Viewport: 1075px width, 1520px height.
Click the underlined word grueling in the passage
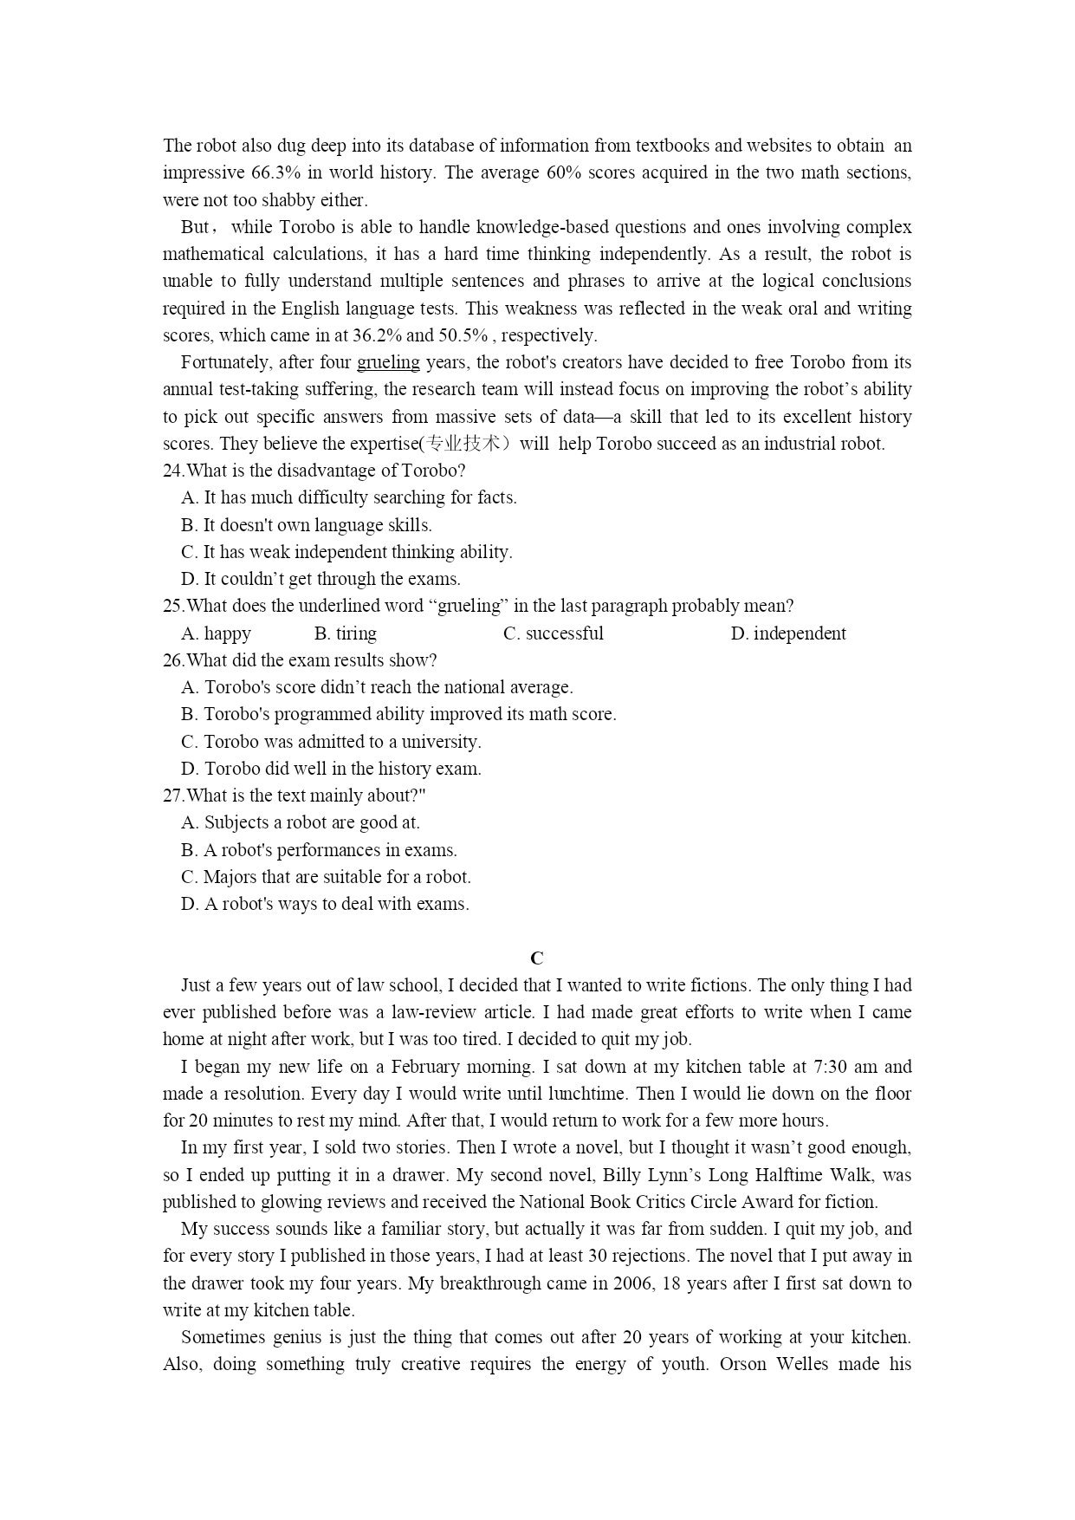pos(388,362)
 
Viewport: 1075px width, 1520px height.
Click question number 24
pos(173,471)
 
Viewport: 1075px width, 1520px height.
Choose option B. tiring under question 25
pos(345,633)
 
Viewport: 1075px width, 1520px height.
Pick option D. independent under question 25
pos(788,633)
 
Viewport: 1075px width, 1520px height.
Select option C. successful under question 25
pos(553,633)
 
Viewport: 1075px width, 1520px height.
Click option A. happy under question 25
pos(216,633)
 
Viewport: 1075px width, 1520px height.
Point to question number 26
pos(173,660)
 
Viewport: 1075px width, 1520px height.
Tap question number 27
pos(173,796)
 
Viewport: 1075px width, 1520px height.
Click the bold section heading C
pos(537,958)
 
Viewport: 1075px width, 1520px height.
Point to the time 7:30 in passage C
pos(831,1067)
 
